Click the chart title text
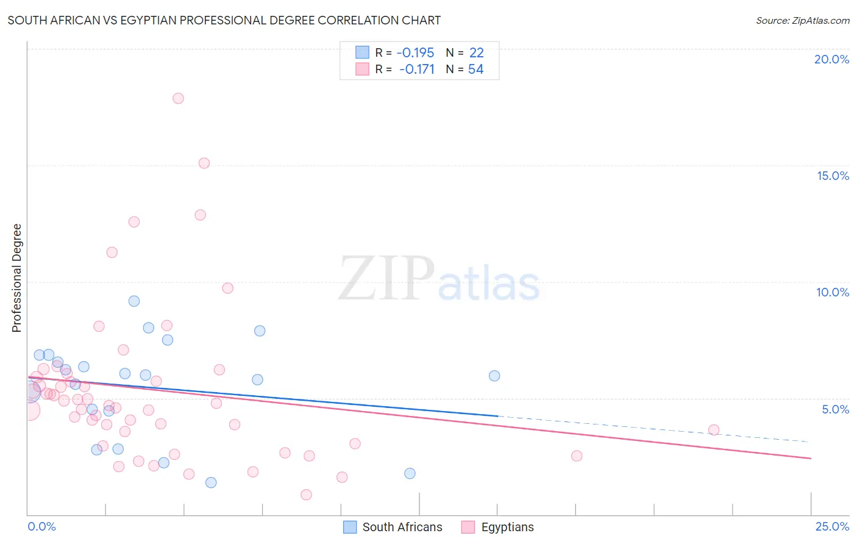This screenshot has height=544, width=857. [x=224, y=20]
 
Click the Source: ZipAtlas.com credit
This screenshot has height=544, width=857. [x=802, y=20]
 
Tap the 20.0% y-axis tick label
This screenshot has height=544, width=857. [x=831, y=59]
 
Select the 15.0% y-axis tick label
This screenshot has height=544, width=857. [x=833, y=176]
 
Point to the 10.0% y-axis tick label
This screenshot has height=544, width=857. [x=832, y=292]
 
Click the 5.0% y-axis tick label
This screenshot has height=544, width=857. [x=835, y=409]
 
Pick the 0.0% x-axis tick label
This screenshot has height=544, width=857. [x=41, y=526]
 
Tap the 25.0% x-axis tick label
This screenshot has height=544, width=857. [x=832, y=526]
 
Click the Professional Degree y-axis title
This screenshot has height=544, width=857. [x=16, y=278]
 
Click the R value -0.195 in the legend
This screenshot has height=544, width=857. [x=415, y=53]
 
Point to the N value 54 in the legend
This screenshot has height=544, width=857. [x=475, y=70]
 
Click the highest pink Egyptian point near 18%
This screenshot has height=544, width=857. [x=178, y=98]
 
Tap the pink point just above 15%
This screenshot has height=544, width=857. [x=204, y=163]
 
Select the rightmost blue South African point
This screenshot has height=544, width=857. [x=494, y=376]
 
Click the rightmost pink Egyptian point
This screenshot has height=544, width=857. [x=714, y=430]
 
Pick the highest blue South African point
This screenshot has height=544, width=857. [x=134, y=301]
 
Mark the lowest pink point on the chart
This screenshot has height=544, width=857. [x=306, y=495]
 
